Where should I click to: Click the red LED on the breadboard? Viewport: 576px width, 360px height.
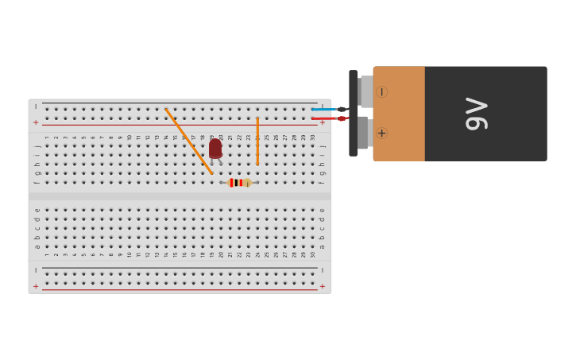coord(215,148)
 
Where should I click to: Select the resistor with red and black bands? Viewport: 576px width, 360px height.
coord(238,183)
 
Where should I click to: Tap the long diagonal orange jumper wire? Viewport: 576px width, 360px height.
coord(188,141)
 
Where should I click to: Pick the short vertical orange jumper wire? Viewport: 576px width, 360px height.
coord(257,141)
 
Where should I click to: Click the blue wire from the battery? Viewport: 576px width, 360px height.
coord(325,109)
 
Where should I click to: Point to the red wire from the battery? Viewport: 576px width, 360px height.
coord(325,118)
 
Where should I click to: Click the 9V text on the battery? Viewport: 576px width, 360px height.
coord(477,114)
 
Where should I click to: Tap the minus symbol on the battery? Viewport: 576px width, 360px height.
coord(381,92)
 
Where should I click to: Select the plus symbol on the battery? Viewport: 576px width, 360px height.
coord(381,133)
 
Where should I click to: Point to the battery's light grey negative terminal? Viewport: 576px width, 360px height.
coord(365,91)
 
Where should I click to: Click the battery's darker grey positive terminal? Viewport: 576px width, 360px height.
coord(363,133)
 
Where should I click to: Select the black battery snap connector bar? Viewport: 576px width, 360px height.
coord(353,114)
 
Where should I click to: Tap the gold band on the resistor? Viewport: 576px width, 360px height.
coord(247,183)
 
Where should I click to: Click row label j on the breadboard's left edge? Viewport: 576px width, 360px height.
coord(37,146)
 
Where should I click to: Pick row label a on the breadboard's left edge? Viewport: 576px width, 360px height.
coord(37,246)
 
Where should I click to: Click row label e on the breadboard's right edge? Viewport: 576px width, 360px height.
coord(322,210)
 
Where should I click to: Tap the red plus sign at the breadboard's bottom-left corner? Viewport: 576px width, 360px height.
coord(36,286)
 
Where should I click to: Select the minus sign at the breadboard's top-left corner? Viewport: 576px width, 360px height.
coord(36,106)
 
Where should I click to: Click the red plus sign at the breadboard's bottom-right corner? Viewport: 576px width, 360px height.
coord(323,286)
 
